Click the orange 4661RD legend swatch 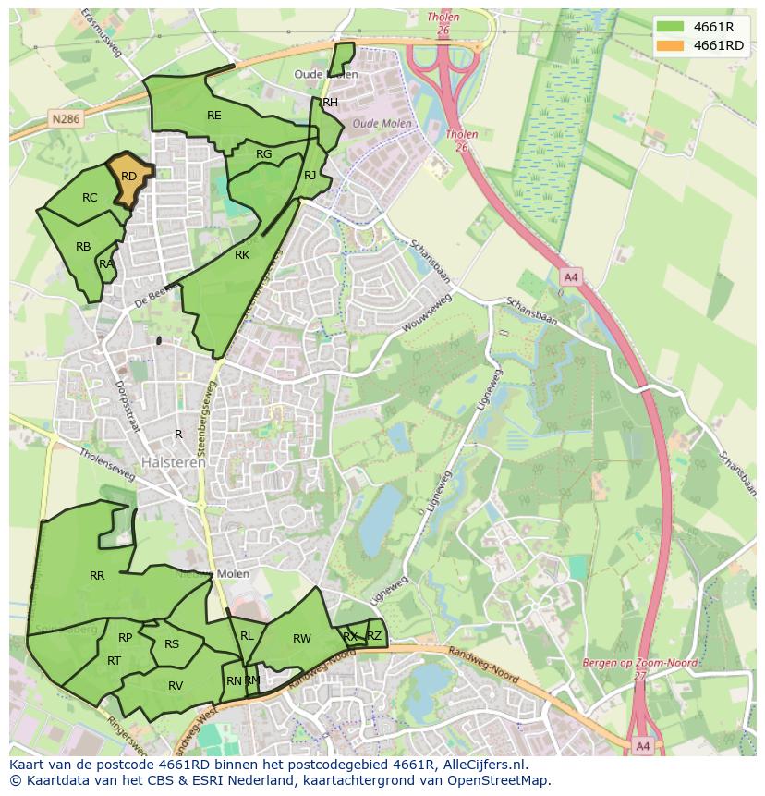point(672,45)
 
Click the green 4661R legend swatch point(672,27)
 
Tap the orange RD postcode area point(128,177)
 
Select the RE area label point(214,116)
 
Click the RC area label point(90,198)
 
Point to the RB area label point(83,247)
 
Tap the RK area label point(242,255)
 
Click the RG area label point(264,154)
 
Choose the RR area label point(97,576)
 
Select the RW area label point(302,639)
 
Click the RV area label point(176,685)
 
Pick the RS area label point(172,644)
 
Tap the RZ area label point(374,636)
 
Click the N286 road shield point(66,119)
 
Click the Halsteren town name point(174,462)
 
